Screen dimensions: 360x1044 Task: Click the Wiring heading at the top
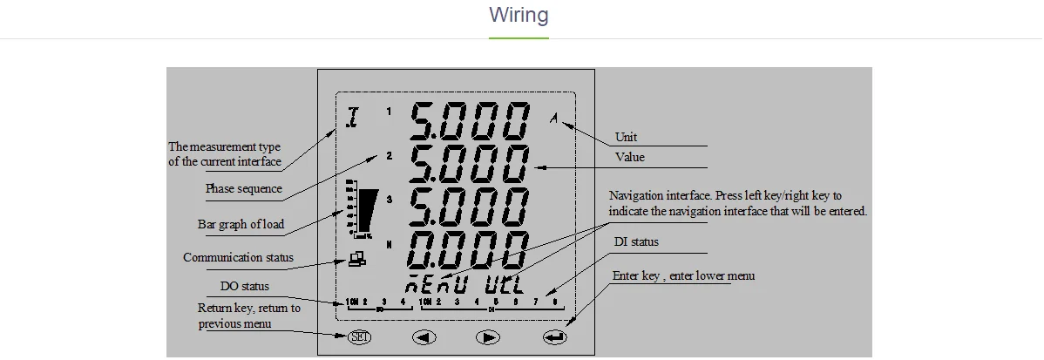[x=519, y=16]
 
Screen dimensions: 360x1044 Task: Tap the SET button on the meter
[x=358, y=337]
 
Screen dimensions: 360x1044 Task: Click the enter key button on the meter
[x=554, y=337]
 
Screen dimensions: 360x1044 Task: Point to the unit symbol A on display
[x=553, y=119]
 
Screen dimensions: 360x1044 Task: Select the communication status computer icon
[x=357, y=258]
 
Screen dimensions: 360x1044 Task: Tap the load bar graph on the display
[x=362, y=210]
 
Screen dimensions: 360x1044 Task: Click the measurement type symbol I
[x=353, y=118]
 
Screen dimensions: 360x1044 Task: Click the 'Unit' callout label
[x=626, y=137]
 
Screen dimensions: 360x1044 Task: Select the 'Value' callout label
[x=629, y=157]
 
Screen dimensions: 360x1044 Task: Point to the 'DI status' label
[x=635, y=241]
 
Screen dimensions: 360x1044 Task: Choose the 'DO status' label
[x=244, y=286]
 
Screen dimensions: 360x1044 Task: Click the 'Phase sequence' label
[x=243, y=188]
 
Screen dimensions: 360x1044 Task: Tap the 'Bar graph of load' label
[x=241, y=224]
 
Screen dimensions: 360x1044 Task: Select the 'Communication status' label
[x=238, y=257]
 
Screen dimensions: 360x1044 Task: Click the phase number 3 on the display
[x=389, y=200]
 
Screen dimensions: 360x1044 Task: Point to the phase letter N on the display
[x=389, y=242]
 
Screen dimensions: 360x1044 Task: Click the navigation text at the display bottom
[x=462, y=284]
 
